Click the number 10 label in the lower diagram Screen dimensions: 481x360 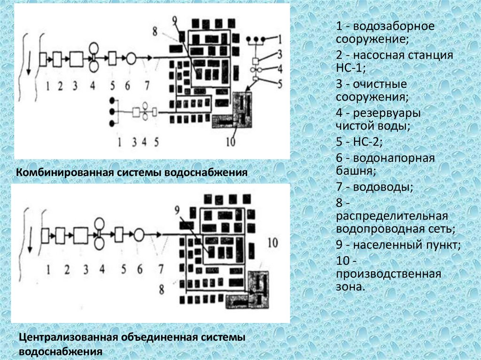[272, 242]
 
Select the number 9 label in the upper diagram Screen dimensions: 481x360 [175, 20]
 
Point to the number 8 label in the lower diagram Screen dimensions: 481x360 [161, 289]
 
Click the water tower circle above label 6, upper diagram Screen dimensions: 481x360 [131, 58]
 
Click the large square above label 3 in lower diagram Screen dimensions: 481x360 [81, 234]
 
